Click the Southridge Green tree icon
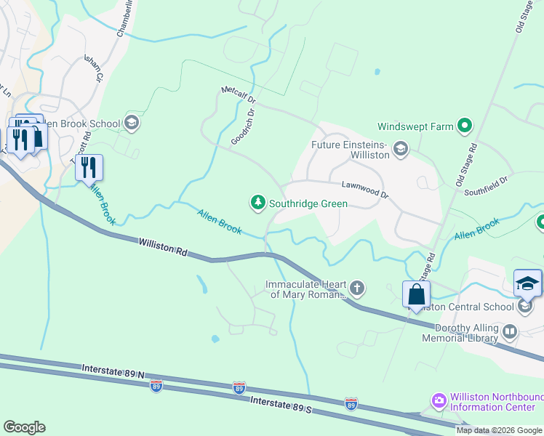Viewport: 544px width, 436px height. (257, 203)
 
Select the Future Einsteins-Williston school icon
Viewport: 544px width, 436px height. (400, 150)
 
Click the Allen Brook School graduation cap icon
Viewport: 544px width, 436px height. (132, 123)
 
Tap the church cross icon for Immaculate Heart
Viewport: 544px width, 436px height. (357, 288)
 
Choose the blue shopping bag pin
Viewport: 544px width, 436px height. (416, 295)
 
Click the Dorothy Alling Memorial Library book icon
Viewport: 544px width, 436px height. (510, 333)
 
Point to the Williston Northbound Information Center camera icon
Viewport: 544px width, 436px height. (439, 400)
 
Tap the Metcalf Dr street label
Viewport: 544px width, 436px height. (239, 95)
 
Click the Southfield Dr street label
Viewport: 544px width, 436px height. (489, 185)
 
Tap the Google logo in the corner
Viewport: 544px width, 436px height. (24, 427)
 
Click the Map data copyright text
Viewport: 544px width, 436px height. (499, 430)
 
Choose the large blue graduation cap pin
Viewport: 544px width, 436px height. (527, 284)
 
